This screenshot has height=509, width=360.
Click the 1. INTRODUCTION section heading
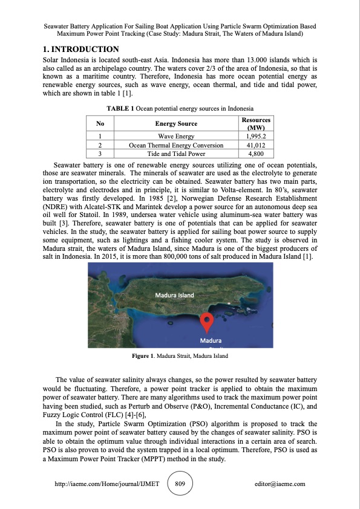click(80, 49)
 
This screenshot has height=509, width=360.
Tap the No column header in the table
click(99, 124)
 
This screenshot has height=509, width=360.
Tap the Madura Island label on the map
click(174, 295)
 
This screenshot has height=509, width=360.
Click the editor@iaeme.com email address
click(281, 484)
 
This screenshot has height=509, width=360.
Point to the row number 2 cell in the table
click(99, 145)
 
